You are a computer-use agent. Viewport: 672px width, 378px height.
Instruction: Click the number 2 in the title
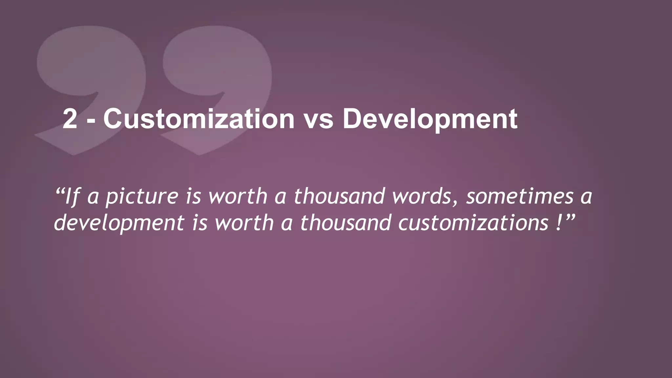[x=70, y=119]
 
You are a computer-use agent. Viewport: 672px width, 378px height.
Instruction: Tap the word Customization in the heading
[x=199, y=119]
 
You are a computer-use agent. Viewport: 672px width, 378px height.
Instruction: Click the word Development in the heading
[x=430, y=120]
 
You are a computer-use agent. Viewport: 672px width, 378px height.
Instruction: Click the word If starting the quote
[x=72, y=197]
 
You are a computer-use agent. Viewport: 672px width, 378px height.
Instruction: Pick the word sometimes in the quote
[x=520, y=196]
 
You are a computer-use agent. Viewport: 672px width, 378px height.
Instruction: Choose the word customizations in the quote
[x=473, y=223]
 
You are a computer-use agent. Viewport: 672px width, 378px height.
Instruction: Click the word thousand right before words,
[x=339, y=196]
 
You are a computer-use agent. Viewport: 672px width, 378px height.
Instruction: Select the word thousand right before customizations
[x=346, y=222]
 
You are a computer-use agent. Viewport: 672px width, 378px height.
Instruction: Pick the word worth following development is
[x=244, y=222]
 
